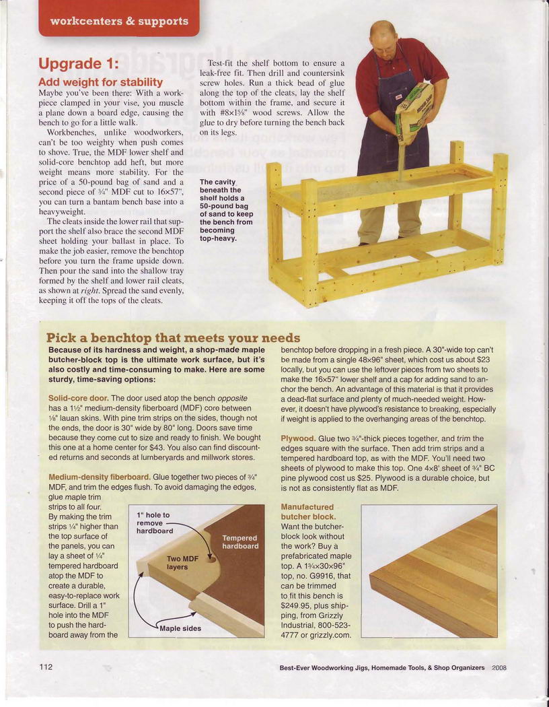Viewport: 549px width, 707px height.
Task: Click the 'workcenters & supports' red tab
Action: pos(119,20)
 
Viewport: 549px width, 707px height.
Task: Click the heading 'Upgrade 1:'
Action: pos(78,64)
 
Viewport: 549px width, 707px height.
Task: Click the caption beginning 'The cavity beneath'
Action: pos(226,210)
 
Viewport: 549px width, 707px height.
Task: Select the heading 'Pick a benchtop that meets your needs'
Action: pos(173,337)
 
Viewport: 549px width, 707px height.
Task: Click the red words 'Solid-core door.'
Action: pos(79,399)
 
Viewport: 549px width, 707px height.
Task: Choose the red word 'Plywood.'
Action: pos(298,438)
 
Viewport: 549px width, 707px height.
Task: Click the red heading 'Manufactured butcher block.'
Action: pos(307,512)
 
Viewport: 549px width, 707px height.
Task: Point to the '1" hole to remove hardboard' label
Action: pos(154,523)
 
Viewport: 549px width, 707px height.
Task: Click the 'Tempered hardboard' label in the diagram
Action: pos(240,542)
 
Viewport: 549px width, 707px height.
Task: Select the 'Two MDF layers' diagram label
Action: pos(182,563)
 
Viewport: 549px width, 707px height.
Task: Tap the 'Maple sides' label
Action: pos(180,629)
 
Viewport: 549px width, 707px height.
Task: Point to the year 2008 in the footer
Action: pos(499,668)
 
